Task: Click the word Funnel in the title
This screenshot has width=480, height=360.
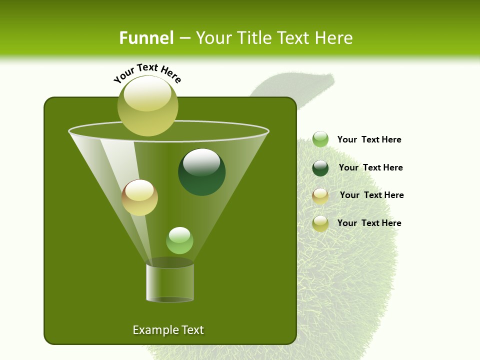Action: pyautogui.click(x=146, y=38)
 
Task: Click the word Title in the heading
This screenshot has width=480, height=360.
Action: pyautogui.click(x=253, y=38)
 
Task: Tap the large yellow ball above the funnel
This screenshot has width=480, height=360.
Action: pyautogui.click(x=148, y=105)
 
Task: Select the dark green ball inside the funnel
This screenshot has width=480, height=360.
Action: pyautogui.click(x=202, y=172)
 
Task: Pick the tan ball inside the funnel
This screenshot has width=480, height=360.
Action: pyautogui.click(x=140, y=197)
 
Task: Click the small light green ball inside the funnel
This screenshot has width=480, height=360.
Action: pyautogui.click(x=179, y=240)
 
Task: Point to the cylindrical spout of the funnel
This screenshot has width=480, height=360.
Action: pyautogui.click(x=170, y=282)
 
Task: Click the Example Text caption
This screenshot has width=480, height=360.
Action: pyautogui.click(x=168, y=330)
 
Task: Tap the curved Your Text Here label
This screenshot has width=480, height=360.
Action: pyautogui.click(x=147, y=73)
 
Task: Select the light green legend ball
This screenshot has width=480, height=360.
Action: pyautogui.click(x=320, y=139)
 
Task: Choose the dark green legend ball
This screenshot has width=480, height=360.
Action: pyautogui.click(x=320, y=168)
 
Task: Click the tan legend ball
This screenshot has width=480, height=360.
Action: pyautogui.click(x=320, y=196)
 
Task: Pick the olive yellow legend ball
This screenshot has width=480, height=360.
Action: pyautogui.click(x=320, y=223)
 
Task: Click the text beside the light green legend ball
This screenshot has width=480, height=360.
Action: pyautogui.click(x=369, y=139)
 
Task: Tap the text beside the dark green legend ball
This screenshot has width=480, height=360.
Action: pyautogui.click(x=370, y=167)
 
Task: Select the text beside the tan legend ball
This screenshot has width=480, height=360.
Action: pyautogui.click(x=371, y=195)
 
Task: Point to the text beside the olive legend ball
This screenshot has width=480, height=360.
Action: pyautogui.click(x=369, y=223)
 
